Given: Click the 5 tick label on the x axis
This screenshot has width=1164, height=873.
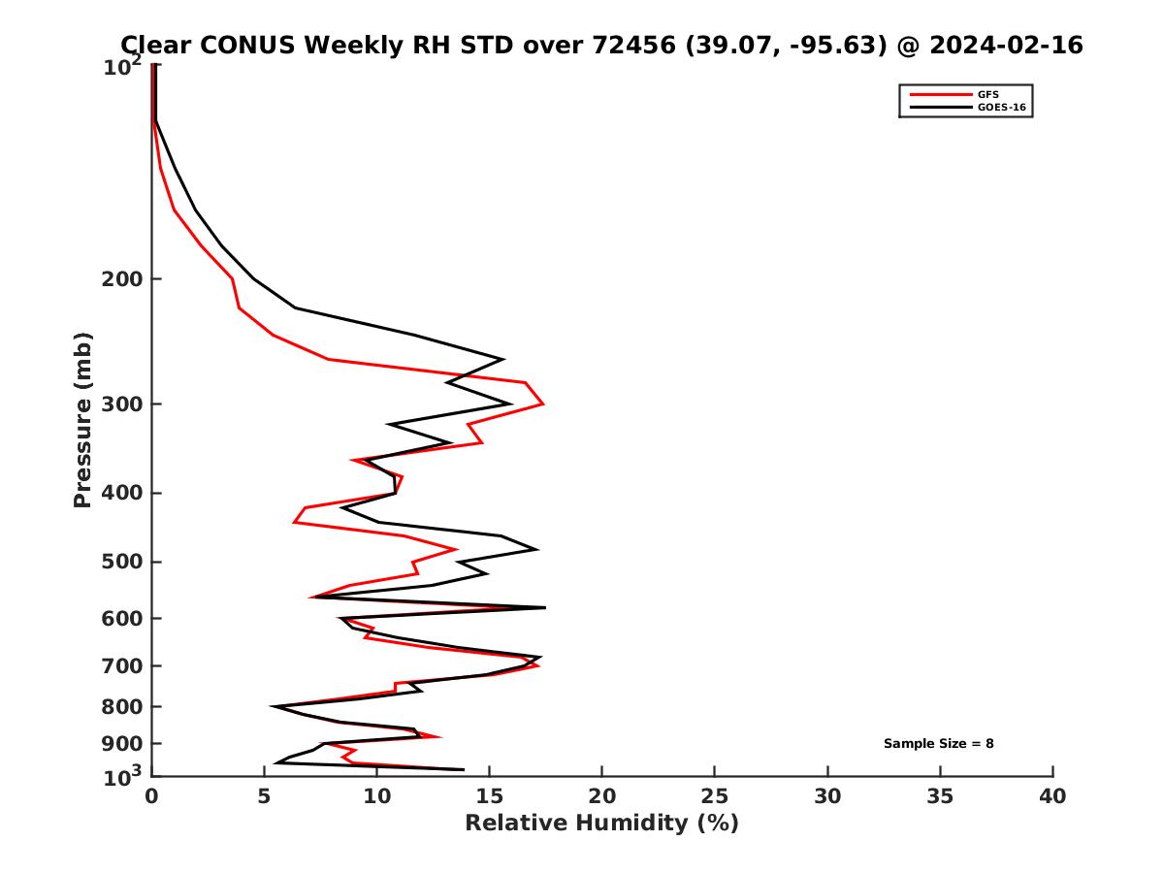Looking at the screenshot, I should (x=264, y=796).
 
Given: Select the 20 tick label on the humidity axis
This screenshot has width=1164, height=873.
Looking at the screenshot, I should (x=601, y=796).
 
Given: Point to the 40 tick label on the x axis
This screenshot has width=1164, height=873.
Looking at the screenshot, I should (x=1052, y=796).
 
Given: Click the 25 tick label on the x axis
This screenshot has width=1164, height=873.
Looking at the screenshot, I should (x=715, y=796).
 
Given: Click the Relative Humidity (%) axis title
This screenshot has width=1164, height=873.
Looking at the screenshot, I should (x=601, y=824).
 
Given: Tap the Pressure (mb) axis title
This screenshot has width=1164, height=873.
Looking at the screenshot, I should (x=82, y=420).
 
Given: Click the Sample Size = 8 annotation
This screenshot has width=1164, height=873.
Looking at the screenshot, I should (x=938, y=744).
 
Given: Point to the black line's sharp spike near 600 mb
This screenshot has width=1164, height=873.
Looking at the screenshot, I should (x=543, y=607).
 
